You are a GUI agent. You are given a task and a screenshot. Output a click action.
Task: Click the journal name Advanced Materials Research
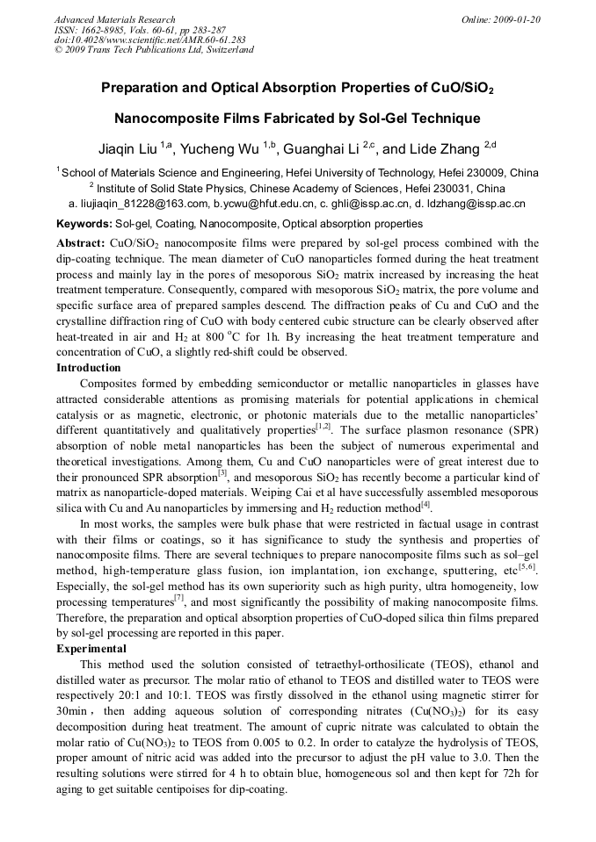114,19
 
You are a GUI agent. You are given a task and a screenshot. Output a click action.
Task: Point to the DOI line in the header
150,40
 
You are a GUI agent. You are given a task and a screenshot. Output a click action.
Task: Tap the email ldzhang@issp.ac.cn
475,204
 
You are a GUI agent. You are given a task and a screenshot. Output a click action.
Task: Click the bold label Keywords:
85,224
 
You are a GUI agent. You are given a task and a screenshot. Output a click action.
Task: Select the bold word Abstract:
81,242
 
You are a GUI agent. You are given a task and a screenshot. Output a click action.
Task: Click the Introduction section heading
89,368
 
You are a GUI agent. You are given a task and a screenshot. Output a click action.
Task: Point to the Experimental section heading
91,648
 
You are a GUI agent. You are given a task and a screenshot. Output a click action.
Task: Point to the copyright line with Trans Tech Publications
154,50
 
